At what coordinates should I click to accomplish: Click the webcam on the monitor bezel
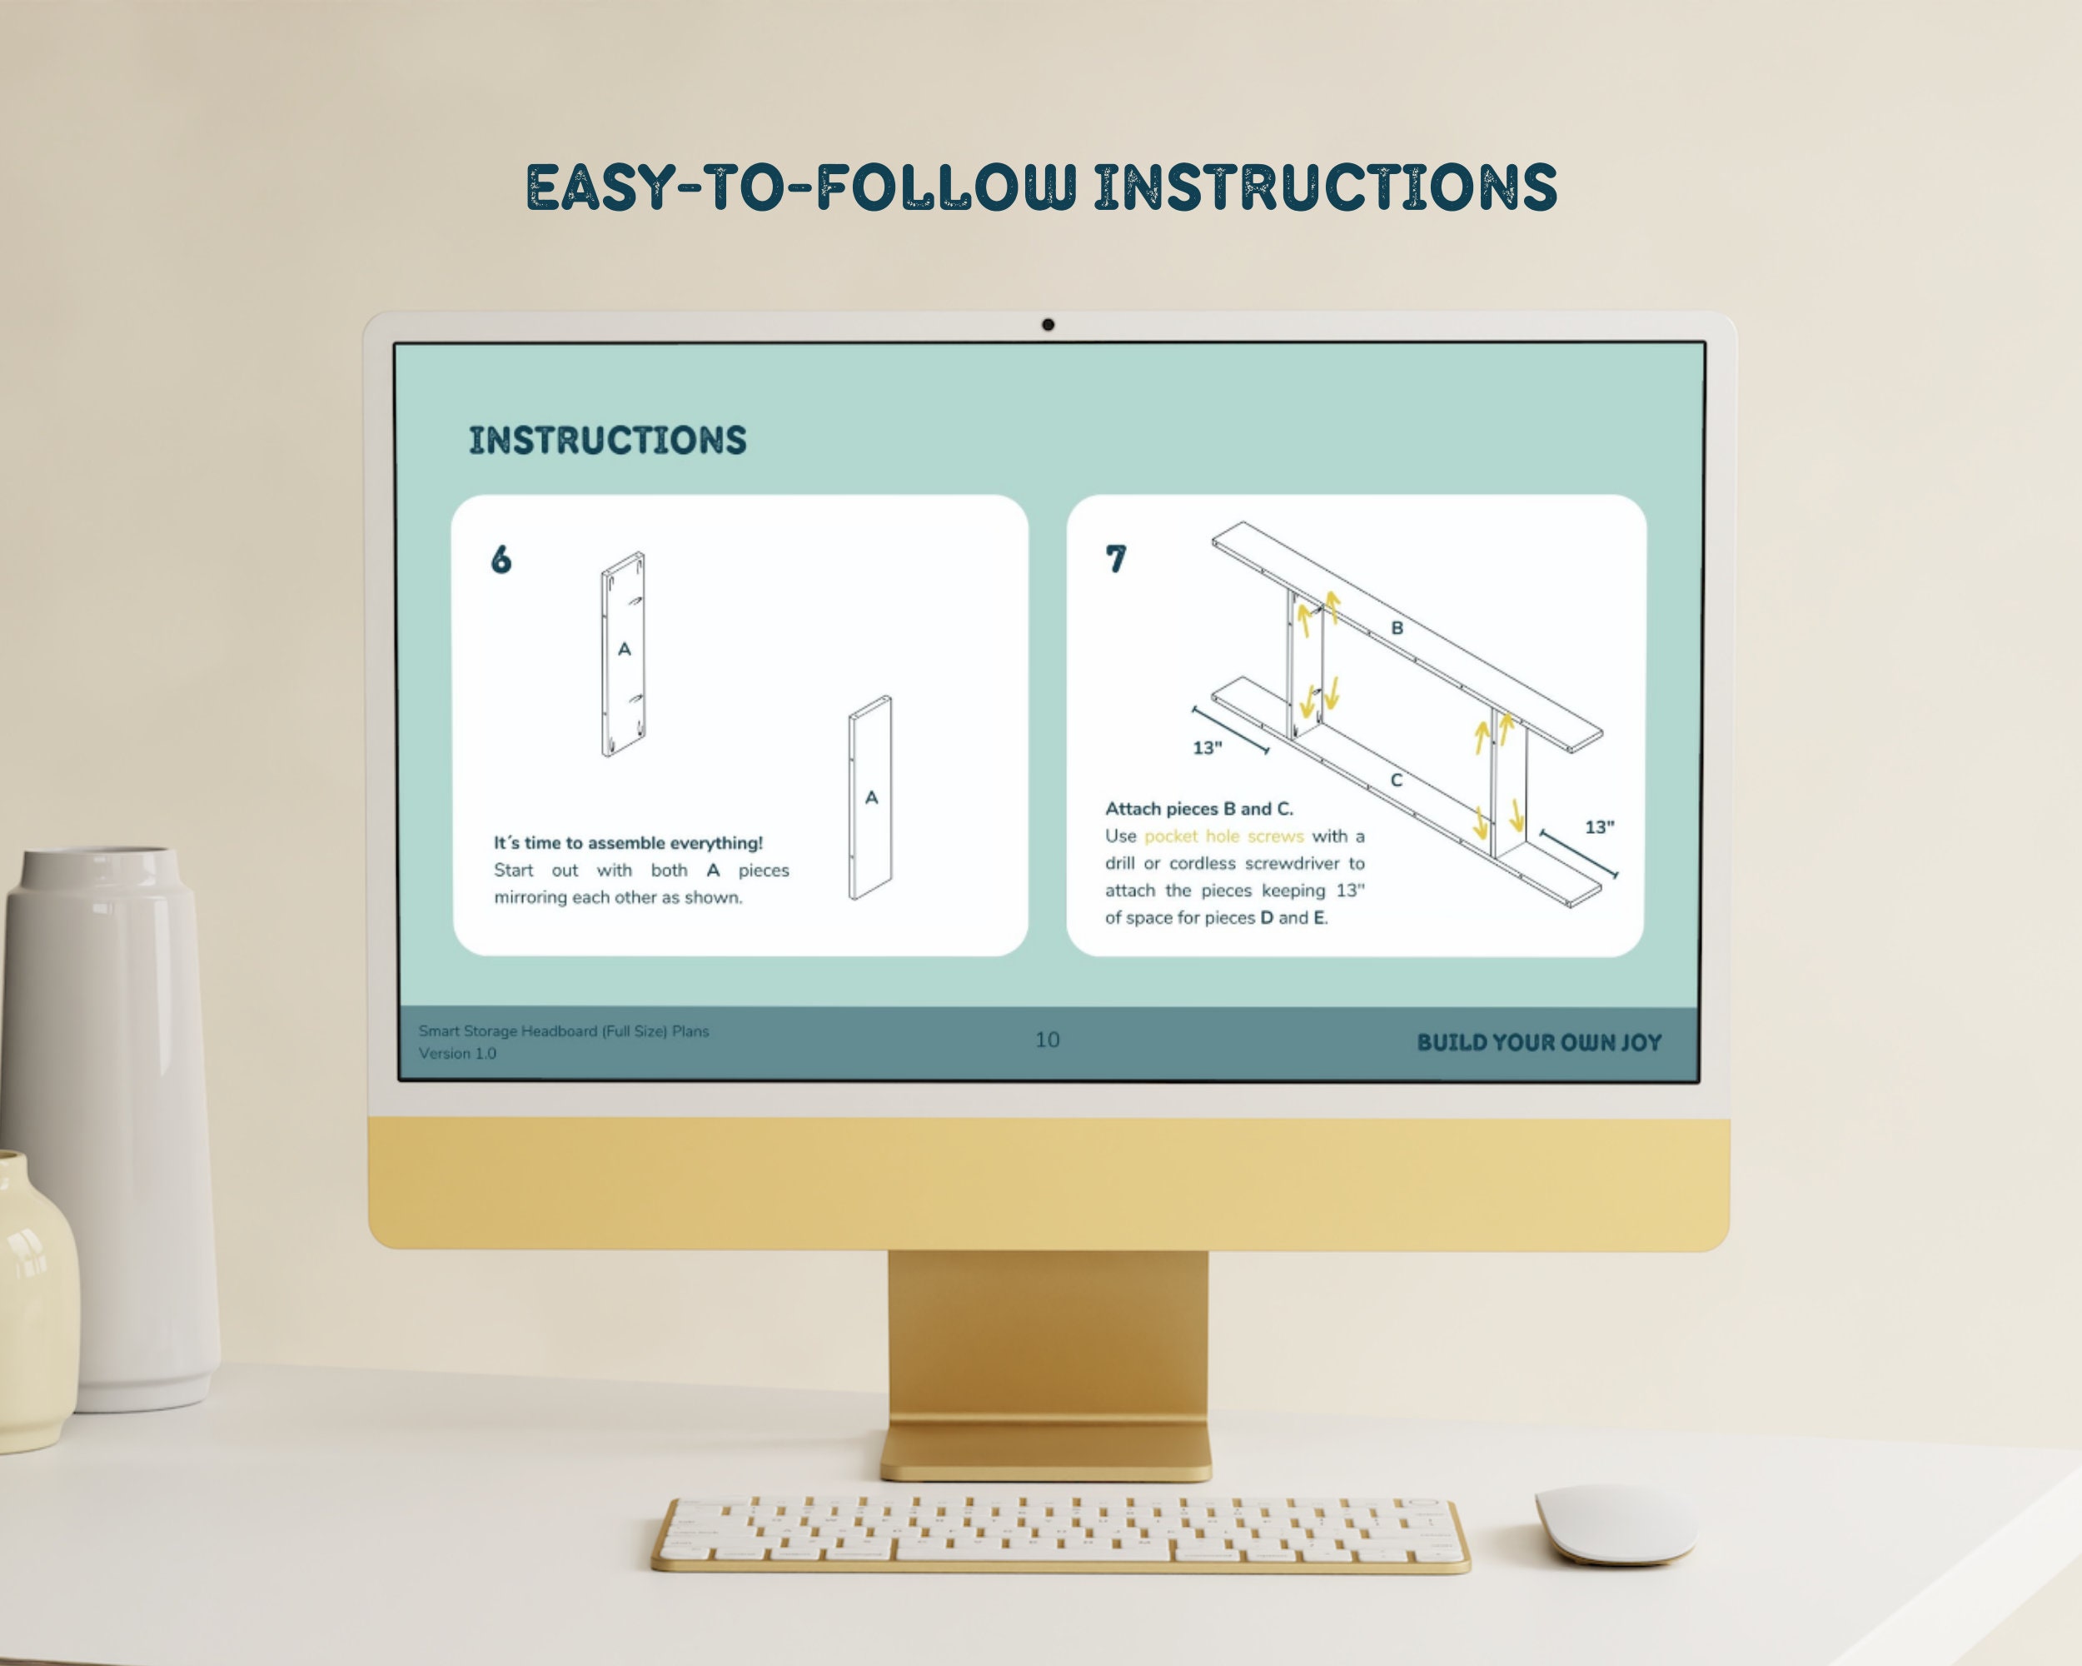coord(1048,325)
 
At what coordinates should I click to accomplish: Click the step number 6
coord(501,559)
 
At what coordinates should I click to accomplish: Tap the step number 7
coord(1115,558)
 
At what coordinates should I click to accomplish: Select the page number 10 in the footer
coord(1047,1040)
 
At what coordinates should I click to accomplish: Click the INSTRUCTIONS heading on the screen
coord(607,441)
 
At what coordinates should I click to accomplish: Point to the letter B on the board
coord(1397,628)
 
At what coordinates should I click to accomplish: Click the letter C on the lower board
coord(1396,781)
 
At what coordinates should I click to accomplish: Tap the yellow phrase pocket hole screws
coord(1223,836)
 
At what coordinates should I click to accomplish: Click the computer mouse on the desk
coord(1616,1524)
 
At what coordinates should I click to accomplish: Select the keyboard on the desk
coord(1060,1534)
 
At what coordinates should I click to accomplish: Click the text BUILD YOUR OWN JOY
coord(1539,1042)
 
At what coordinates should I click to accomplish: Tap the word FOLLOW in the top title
coord(946,187)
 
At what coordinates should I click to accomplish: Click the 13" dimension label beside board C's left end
coord(1207,747)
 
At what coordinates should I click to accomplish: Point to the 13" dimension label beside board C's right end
coord(1599,826)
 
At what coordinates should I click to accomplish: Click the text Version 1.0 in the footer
coord(458,1054)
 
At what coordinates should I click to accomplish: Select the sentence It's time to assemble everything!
coord(629,843)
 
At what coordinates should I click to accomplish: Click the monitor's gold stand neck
coord(1048,1338)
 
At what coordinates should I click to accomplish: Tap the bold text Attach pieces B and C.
coord(1199,808)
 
